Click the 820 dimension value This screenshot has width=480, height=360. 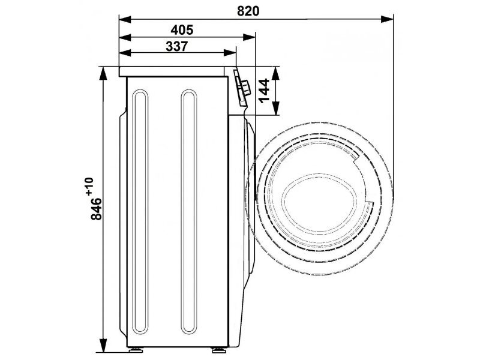tap(248, 11)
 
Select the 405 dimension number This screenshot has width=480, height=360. tap(182, 30)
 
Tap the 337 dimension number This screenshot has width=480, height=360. tap(176, 47)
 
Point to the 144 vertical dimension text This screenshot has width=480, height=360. tap(263, 90)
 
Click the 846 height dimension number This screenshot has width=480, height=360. tap(97, 209)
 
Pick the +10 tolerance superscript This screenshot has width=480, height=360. tap(89, 186)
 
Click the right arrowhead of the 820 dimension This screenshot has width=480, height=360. tap(387, 19)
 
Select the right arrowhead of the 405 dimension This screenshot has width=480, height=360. tap(249, 37)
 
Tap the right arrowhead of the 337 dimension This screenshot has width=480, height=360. tap(230, 53)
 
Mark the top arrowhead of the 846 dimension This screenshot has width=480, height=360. tap(104, 73)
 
